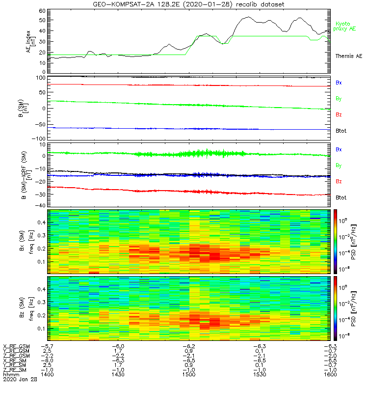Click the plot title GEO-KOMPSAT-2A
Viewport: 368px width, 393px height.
188,4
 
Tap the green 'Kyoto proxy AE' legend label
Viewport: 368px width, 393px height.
346,26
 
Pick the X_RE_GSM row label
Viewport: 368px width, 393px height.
16,346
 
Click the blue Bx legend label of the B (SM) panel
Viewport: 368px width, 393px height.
339,83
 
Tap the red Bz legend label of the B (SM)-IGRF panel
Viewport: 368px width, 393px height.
339,182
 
